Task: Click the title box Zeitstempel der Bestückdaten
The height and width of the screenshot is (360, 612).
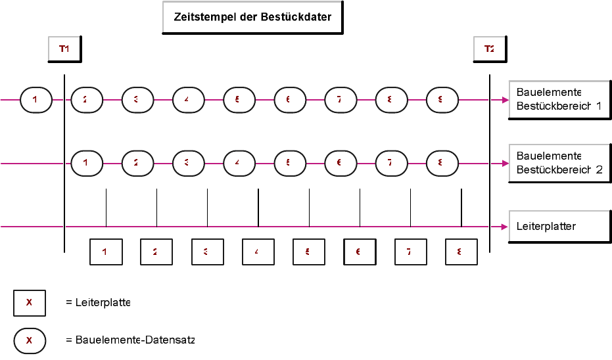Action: [x=252, y=17]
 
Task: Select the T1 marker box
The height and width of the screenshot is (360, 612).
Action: [x=64, y=49]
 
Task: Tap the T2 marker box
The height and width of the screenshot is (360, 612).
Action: [x=489, y=49]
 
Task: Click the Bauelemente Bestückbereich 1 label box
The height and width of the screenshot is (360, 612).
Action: [x=559, y=99]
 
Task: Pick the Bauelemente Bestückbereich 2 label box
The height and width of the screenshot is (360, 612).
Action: [x=559, y=162]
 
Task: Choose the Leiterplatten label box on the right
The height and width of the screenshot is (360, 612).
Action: [x=559, y=226]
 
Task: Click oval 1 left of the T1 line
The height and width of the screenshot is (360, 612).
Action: [x=36, y=100]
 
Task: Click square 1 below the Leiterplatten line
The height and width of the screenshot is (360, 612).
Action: [x=106, y=252]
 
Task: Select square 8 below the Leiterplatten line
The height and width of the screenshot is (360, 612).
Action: [x=461, y=252]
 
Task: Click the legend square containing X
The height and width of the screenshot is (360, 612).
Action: [x=30, y=303]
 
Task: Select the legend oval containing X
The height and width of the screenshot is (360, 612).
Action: [x=30, y=340]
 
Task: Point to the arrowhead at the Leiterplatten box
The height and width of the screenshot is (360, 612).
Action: [x=505, y=227]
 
